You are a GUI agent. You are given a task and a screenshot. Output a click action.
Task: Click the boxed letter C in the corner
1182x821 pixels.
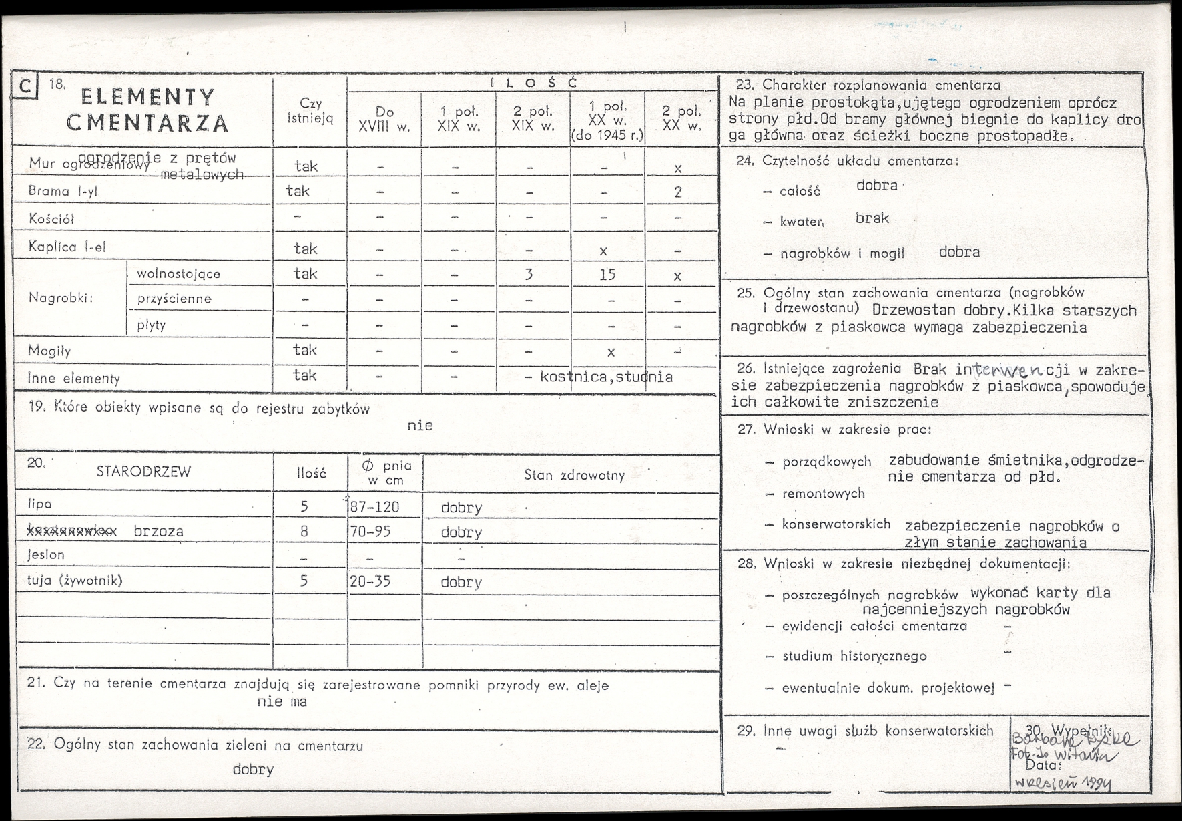[x=25, y=87]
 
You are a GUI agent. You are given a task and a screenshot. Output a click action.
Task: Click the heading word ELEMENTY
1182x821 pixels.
[x=147, y=98]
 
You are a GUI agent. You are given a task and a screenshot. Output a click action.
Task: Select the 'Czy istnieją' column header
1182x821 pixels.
[x=310, y=111]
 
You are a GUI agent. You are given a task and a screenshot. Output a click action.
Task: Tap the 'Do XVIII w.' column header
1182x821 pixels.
[x=384, y=119]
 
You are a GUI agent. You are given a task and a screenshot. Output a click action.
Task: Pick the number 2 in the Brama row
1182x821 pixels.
[x=677, y=192]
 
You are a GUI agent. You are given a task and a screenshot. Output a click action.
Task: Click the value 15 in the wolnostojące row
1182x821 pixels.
[x=607, y=275]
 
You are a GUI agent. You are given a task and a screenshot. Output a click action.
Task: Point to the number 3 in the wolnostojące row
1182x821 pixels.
[x=529, y=275]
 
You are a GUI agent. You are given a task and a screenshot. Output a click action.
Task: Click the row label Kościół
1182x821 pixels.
[x=51, y=219]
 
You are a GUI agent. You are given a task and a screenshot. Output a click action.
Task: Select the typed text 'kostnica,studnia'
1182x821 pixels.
[x=606, y=377]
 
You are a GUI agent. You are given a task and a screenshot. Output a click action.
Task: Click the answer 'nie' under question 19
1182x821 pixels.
[x=420, y=426]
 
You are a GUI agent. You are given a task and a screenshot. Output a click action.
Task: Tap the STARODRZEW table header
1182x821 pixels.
[x=143, y=472]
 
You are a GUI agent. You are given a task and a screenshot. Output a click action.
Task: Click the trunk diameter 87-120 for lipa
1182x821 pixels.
[x=374, y=507]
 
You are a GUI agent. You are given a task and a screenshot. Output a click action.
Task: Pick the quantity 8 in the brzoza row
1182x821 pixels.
[x=304, y=532]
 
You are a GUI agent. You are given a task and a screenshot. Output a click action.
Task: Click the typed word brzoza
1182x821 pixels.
[x=158, y=531]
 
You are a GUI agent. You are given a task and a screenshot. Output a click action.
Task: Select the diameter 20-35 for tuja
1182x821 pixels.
[x=370, y=581]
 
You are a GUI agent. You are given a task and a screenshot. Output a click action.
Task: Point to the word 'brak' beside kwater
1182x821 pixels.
[x=872, y=218]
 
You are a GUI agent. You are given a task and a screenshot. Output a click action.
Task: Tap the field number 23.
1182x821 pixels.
[x=744, y=85]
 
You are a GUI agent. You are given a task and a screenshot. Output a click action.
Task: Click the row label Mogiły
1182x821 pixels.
[x=49, y=351]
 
